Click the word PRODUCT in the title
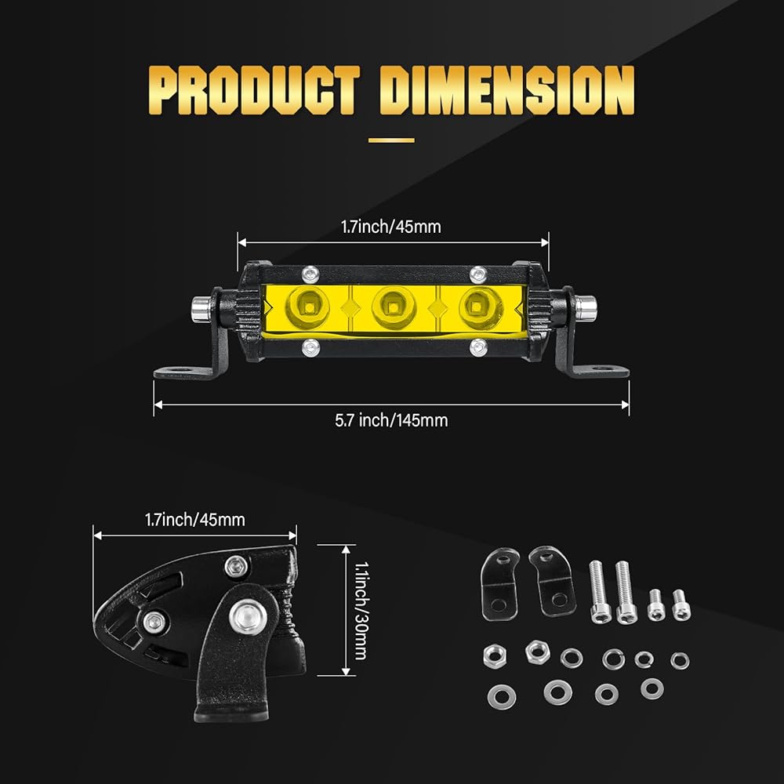pyautogui.click(x=254, y=90)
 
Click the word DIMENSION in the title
pyautogui.click(x=507, y=90)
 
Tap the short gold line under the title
pyautogui.click(x=391, y=140)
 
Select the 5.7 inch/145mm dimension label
pyautogui.click(x=391, y=420)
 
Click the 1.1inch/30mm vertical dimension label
pyautogui.click(x=361, y=611)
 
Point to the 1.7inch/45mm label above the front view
pyautogui.click(x=391, y=227)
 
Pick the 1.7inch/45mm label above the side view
pyautogui.click(x=195, y=520)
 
